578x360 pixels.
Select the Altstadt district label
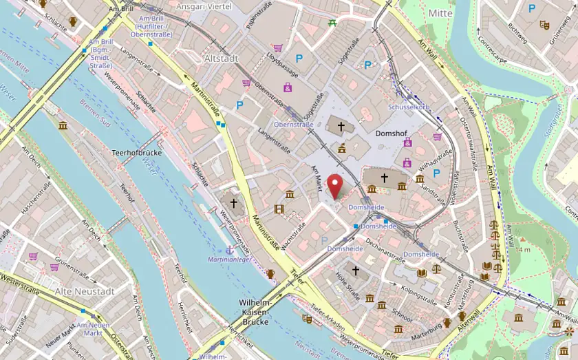pos(221,59)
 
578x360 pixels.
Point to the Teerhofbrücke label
pos(136,152)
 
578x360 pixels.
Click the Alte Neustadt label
pos(85,291)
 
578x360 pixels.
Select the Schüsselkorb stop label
pos(409,107)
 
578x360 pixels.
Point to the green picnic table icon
pos(333,23)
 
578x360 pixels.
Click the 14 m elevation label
pos(522,248)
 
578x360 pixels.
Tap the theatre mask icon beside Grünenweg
pos(544,25)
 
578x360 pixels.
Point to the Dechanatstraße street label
pos(383,247)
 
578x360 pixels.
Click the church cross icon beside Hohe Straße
pos(356,271)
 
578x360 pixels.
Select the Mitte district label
pos(440,13)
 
